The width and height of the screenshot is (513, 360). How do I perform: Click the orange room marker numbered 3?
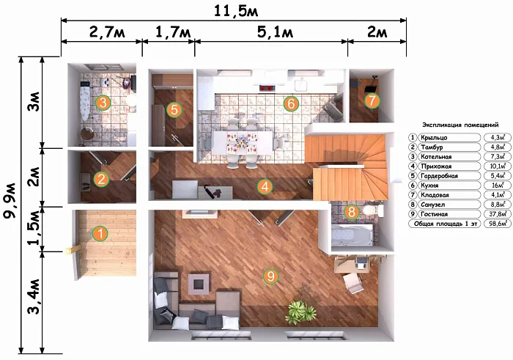pyautogui.click(x=103, y=103)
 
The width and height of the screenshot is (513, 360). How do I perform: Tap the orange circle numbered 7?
pyautogui.click(x=372, y=100)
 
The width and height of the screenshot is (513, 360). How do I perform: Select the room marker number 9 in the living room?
pyautogui.click(x=271, y=276)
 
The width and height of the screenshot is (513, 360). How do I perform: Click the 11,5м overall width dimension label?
pyautogui.click(x=236, y=11)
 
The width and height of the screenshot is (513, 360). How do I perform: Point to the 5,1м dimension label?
pyautogui.click(x=275, y=32)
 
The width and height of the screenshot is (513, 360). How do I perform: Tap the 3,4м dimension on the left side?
pyautogui.click(x=35, y=297)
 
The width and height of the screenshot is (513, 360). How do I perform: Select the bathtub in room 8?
pyautogui.click(x=351, y=235)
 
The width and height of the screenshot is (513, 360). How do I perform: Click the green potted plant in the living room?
pyautogui.click(x=300, y=311)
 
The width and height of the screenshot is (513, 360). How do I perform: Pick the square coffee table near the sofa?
pyautogui.click(x=199, y=284)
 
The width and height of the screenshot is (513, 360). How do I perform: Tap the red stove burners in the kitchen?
pyautogui.click(x=267, y=88)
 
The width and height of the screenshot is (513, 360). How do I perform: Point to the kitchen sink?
pyautogui.click(x=301, y=85)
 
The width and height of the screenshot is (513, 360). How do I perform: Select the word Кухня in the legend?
pyautogui.click(x=429, y=185)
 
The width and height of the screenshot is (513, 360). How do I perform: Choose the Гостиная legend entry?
pyautogui.click(x=434, y=214)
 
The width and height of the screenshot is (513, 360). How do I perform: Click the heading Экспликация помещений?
pyautogui.click(x=460, y=125)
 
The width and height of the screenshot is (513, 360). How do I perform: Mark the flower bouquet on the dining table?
pyautogui.click(x=241, y=142)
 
